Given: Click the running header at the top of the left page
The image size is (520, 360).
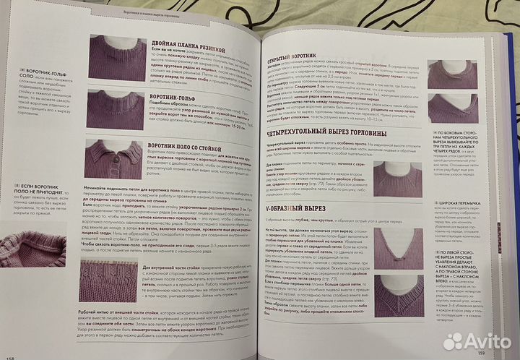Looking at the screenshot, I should (155, 14).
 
